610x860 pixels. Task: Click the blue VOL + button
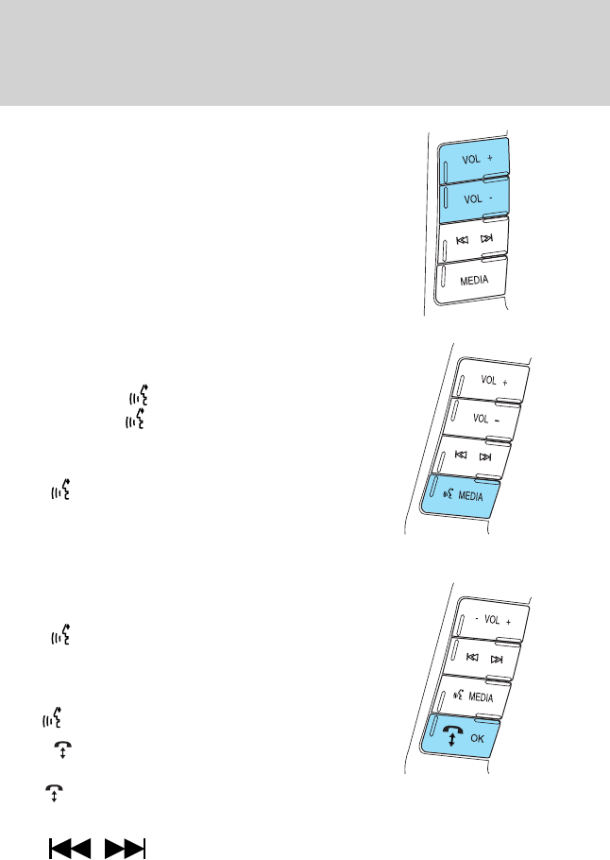(x=474, y=160)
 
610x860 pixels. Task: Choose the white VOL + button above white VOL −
(x=490, y=382)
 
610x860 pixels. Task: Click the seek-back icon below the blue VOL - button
(x=463, y=240)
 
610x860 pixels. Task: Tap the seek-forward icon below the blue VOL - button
(x=487, y=238)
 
